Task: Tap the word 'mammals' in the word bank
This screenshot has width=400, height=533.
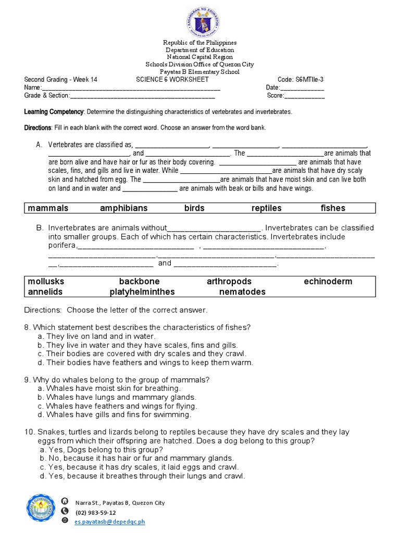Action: [48, 208]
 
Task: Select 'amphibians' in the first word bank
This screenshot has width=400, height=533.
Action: [123, 208]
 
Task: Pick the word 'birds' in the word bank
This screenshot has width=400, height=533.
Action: [194, 208]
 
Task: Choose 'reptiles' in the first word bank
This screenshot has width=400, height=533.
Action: [266, 208]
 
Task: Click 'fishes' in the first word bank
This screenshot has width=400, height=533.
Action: [333, 208]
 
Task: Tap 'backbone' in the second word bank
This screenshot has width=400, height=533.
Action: [139, 282]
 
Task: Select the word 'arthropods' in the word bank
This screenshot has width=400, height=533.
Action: [229, 282]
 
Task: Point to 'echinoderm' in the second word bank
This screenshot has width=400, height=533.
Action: [328, 282]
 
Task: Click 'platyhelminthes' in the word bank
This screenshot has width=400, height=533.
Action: [142, 292]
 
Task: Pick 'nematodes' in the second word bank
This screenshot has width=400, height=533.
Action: [242, 292]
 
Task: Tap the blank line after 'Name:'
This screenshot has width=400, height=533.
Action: [130, 88]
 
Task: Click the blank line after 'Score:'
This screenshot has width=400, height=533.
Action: [304, 96]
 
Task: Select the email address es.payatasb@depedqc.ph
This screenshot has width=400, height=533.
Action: [110, 521]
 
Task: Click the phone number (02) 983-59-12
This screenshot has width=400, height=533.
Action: [96, 512]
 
